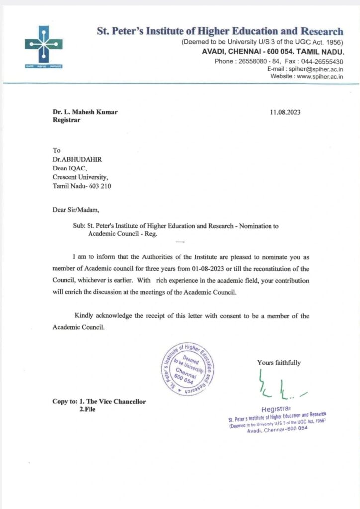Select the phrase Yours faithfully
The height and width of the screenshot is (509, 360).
click(278, 363)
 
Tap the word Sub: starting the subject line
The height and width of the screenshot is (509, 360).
click(79, 226)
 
